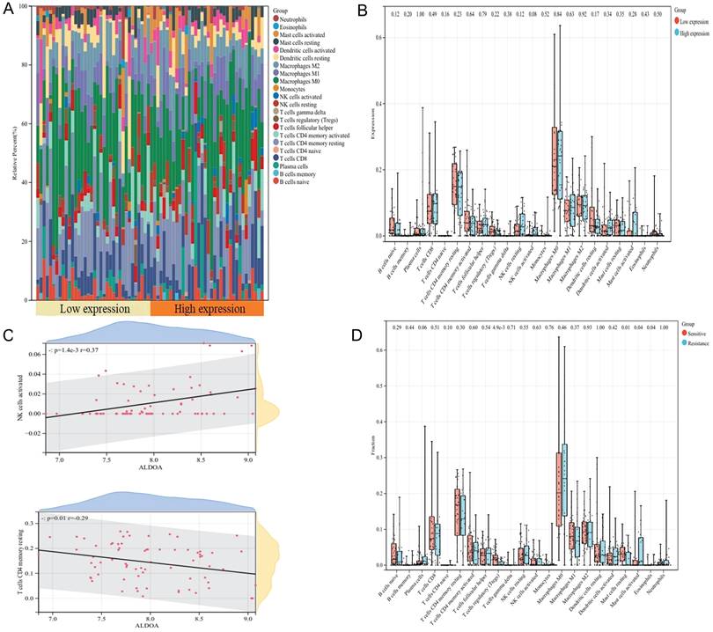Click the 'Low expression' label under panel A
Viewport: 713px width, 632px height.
[93, 310]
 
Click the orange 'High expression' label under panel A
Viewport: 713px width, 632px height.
[207, 310]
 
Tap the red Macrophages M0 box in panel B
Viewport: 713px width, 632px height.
[555, 161]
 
